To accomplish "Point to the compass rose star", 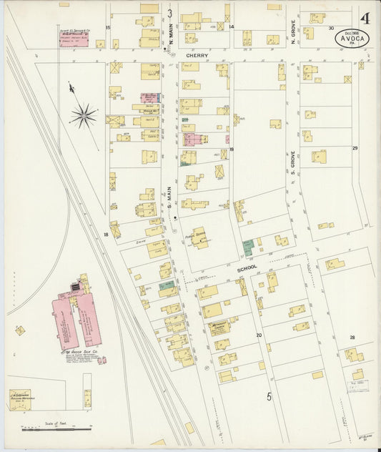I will pyautogui.click(x=84, y=114).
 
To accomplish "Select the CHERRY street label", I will pyautogui.click(x=197, y=54).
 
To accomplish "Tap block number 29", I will pyautogui.click(x=354, y=148).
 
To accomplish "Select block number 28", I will pyautogui.click(x=352, y=336).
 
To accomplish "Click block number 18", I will pyautogui.click(x=106, y=234).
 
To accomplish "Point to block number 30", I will pyautogui.click(x=331, y=28).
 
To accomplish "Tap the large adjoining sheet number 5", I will pyautogui.click(x=269, y=395).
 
